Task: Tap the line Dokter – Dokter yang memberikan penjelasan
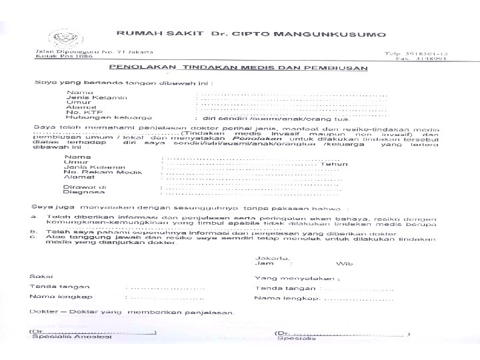(133, 312)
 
